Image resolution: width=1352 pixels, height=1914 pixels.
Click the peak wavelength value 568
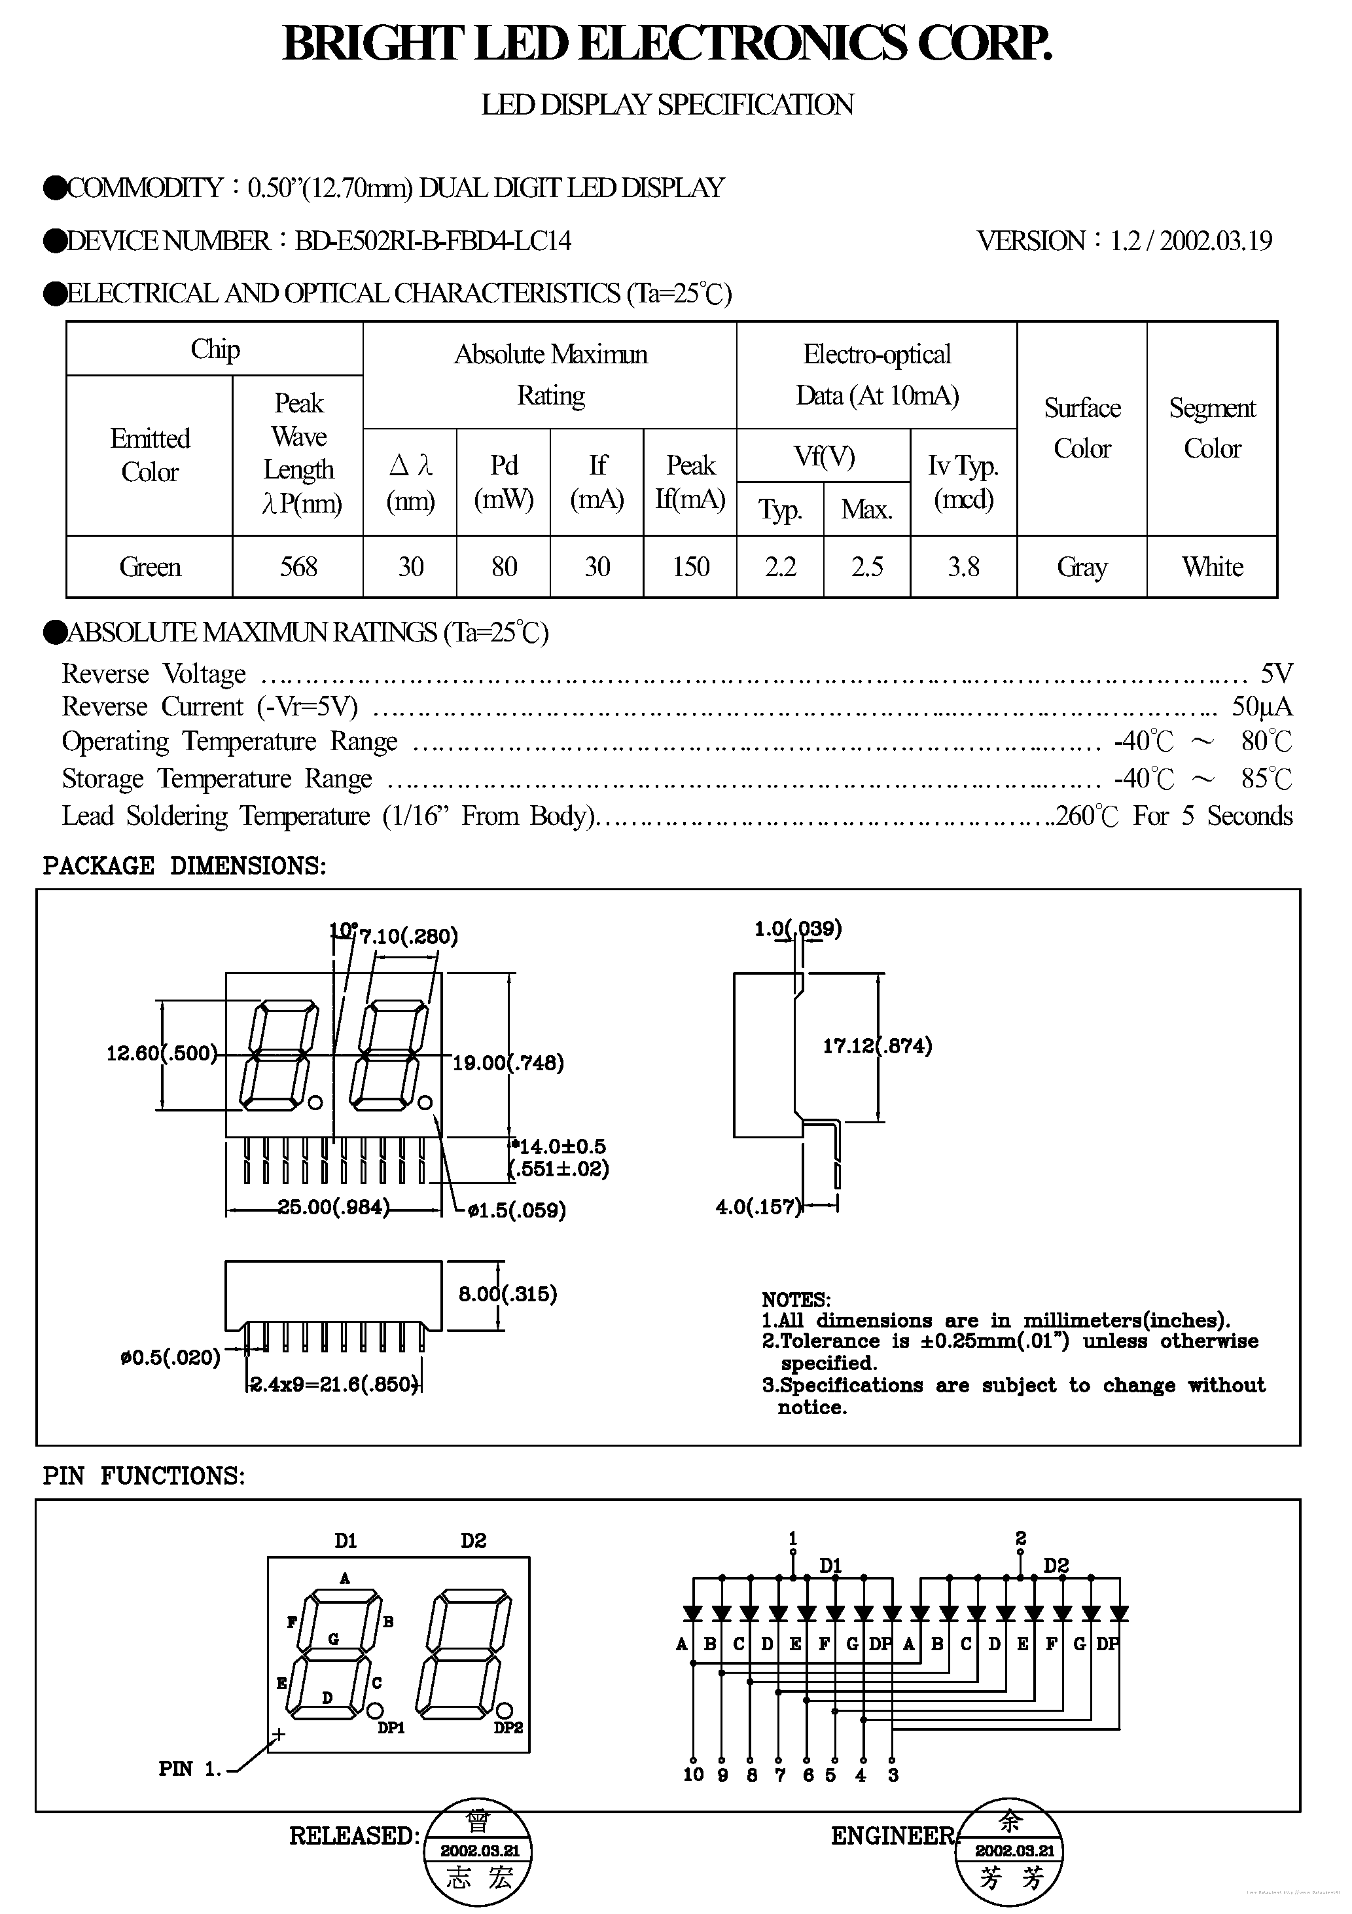point(298,567)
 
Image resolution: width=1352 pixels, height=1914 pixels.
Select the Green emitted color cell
point(150,567)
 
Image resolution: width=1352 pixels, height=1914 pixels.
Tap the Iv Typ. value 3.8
point(963,567)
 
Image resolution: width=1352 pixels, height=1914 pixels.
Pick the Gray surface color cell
point(1082,567)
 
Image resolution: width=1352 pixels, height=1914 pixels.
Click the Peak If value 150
point(690,567)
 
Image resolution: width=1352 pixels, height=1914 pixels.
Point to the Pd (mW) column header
point(503,482)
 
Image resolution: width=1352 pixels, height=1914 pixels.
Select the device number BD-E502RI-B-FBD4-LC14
point(433,241)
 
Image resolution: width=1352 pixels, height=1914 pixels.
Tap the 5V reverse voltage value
point(1276,673)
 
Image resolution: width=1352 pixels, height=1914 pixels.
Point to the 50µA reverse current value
point(1262,707)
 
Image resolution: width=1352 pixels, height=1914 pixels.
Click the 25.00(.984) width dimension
point(333,1207)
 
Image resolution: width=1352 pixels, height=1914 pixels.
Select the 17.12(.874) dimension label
point(877,1045)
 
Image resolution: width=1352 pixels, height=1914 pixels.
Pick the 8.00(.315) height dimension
point(508,1294)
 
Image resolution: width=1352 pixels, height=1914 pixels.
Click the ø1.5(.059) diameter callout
point(517,1210)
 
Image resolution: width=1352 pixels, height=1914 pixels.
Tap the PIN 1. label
point(190,1769)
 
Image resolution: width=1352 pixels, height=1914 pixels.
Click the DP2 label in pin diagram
point(508,1728)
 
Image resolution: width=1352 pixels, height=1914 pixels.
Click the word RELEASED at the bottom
point(353,1835)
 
